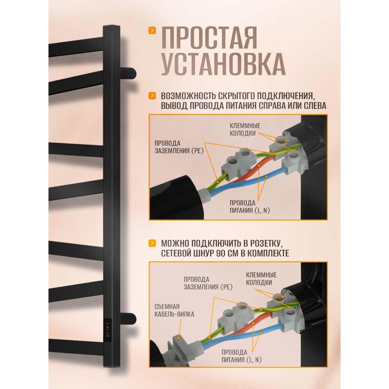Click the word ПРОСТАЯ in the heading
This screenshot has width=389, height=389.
pos(209,38)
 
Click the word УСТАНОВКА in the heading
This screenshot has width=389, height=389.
pos(223,64)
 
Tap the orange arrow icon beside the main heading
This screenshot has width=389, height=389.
pos(153,30)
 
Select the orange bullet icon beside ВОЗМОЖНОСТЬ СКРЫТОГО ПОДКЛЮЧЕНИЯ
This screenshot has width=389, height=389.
pos(153,96)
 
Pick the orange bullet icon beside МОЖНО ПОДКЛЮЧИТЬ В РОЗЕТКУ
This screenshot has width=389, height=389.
pos(153,243)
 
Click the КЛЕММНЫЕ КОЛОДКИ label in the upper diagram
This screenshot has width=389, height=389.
pos(245,130)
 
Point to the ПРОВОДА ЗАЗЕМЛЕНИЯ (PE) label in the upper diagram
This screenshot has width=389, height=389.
pos(179,147)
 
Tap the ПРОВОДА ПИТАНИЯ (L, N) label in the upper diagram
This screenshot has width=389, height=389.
pos(250,206)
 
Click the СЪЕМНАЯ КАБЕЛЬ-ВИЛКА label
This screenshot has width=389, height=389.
pos(174,310)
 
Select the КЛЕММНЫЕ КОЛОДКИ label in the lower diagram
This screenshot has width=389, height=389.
pos(261,279)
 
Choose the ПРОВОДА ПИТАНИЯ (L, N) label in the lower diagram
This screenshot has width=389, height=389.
pos(241,356)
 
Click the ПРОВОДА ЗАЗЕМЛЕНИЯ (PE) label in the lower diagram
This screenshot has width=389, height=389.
pos(208,283)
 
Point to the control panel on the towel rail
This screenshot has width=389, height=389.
pos(107,329)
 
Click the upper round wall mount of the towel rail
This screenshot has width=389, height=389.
pos(129,73)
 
